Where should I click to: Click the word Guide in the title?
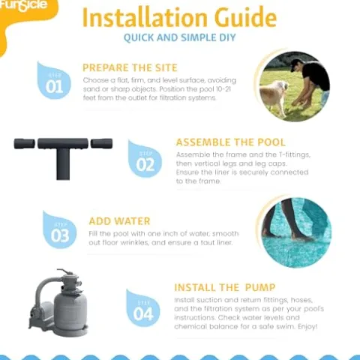pos(245,17)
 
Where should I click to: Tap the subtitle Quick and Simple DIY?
pos(180,37)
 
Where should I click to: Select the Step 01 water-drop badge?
pos(53,80)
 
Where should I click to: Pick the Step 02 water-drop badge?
pos(145,159)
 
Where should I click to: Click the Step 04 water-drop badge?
pos(142,308)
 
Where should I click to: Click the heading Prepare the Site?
pos(130,67)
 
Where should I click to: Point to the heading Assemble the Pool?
pos(230,142)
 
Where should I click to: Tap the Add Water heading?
pos(119,221)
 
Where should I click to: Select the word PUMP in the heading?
pos(260,287)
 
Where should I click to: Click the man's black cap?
pos(296,63)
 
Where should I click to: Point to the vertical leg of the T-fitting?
pos(63,163)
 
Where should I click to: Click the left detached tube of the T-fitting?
pos(24,143)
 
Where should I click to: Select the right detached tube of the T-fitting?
pos(101,143)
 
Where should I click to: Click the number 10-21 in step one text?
pos(223,89)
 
